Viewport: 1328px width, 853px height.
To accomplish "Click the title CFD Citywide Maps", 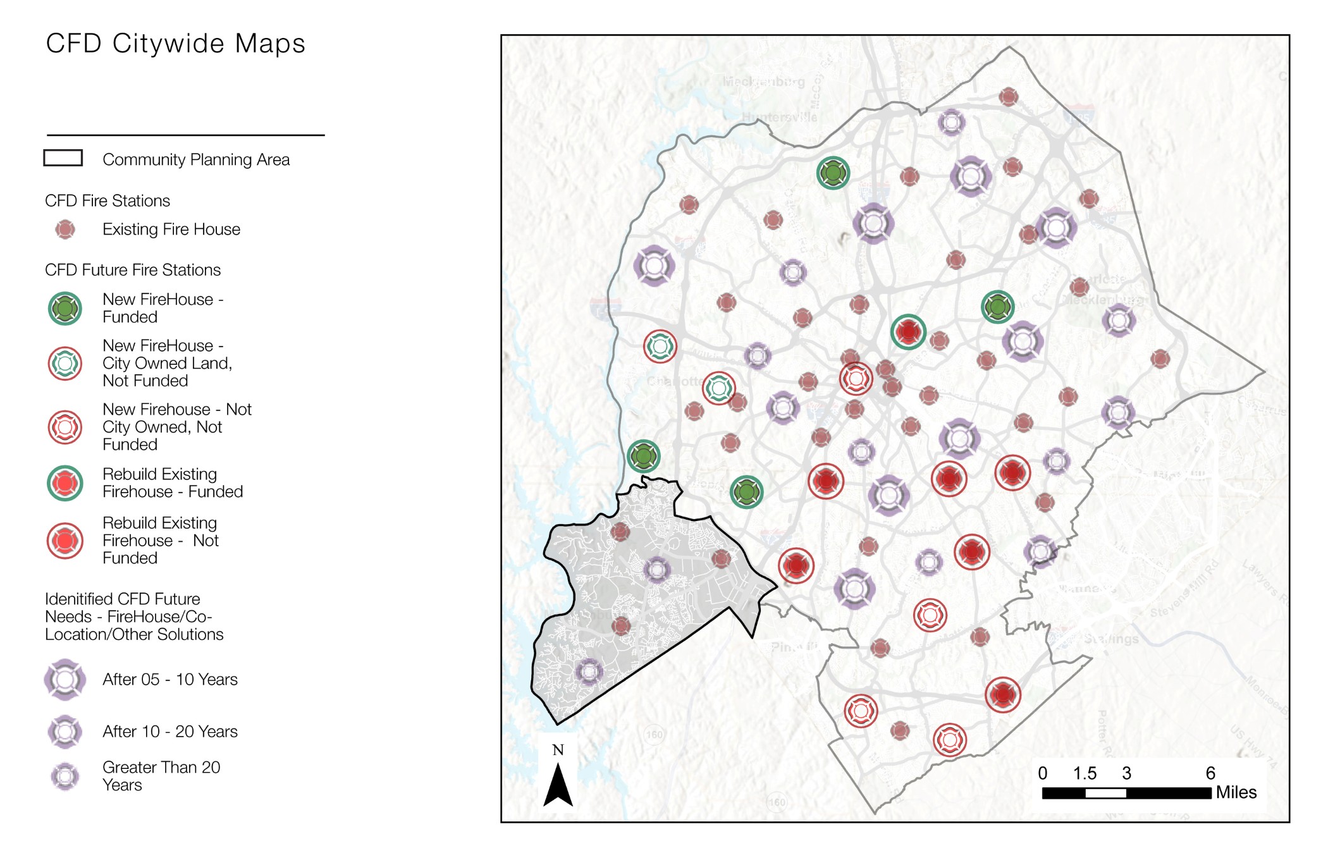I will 175,44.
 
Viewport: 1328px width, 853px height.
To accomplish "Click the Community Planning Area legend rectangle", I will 63,158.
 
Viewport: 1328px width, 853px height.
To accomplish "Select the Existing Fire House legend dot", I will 65,230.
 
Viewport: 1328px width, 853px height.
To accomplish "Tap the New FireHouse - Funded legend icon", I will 65,309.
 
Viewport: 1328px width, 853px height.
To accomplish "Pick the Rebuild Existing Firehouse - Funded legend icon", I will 65,483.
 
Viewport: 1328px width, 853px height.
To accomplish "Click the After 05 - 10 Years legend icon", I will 65,680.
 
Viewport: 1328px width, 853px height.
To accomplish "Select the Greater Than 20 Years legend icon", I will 65,776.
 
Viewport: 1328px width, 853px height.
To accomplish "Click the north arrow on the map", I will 558,784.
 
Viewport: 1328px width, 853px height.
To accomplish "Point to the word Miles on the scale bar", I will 1236,792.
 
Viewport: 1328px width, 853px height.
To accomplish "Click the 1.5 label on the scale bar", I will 1084,773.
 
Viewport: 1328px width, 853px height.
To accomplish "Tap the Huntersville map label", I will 778,117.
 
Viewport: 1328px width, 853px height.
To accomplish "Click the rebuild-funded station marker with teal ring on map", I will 908,331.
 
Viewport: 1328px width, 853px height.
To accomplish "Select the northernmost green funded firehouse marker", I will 832,173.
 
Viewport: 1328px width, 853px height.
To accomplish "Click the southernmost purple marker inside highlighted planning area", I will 589,672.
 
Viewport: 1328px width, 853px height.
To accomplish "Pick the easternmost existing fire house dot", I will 1160,359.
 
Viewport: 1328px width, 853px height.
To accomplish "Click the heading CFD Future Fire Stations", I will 133,270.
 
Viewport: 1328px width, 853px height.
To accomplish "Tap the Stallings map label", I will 1111,639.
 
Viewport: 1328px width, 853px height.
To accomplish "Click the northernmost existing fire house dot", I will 1008,97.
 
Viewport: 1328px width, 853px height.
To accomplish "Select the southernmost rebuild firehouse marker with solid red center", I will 1002,694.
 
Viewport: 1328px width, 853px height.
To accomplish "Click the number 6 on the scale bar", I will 1210,773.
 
